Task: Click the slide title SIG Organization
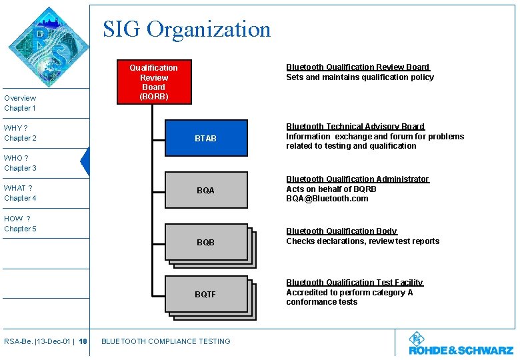(187, 29)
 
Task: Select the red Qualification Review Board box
(153, 81)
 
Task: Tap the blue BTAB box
(205, 139)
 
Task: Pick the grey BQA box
(205, 191)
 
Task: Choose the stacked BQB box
(205, 243)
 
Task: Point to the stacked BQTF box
(205, 294)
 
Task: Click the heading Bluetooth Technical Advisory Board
(355, 127)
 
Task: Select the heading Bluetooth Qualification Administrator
(357, 179)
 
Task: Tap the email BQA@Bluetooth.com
(327, 199)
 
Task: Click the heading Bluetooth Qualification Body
(341, 231)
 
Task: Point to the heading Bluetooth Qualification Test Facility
(355, 283)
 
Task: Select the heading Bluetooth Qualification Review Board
(358, 67)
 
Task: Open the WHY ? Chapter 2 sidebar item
(21, 133)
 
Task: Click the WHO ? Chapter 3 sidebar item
(21, 163)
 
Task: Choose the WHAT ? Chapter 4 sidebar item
(21, 193)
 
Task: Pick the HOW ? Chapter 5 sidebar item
(21, 223)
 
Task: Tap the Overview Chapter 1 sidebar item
(21, 103)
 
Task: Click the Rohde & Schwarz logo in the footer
(461, 344)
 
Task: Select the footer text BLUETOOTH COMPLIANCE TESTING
(165, 342)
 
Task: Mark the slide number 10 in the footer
(83, 342)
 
